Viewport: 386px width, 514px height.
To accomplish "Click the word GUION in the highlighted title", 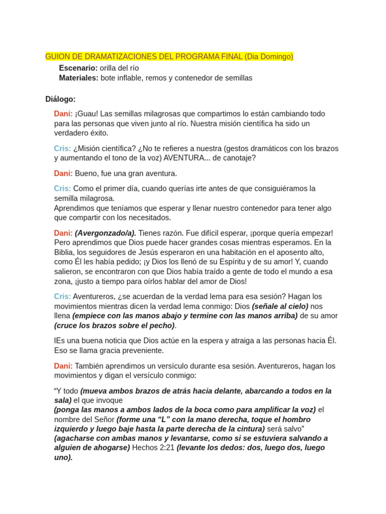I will pyautogui.click(x=57, y=57).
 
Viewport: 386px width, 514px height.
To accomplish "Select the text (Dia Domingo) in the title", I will pyautogui.click(x=269, y=57).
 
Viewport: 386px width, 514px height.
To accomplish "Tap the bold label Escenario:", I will pyautogui.click(x=78, y=68).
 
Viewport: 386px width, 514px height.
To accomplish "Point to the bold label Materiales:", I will pyautogui.click(x=78, y=78).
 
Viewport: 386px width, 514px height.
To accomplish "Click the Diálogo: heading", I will pyautogui.click(x=60, y=99).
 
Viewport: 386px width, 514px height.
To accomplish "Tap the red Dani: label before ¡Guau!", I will pyautogui.click(x=63, y=114).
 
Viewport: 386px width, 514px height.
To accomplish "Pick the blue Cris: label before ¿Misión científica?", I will pyautogui.click(x=62, y=149).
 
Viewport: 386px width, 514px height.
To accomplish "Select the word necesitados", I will pyautogui.click(x=150, y=218).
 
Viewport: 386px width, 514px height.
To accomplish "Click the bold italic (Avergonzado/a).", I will pyautogui.click(x=106, y=233).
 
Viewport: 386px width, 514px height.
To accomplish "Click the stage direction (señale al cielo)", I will pyautogui.click(x=280, y=306).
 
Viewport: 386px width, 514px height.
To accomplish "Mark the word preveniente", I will pyautogui.click(x=142, y=350).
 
